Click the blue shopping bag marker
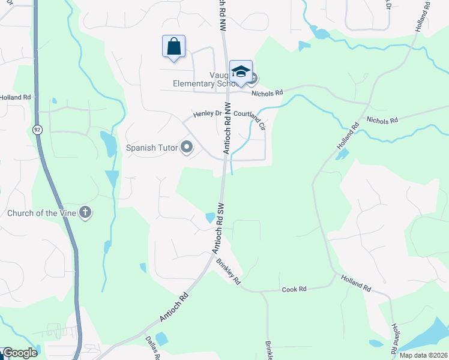pyautogui.click(x=173, y=46)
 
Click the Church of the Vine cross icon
pyautogui.click(x=86, y=212)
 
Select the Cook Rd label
pyautogui.click(x=294, y=289)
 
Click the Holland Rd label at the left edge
pyautogui.click(x=15, y=97)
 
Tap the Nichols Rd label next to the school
pyautogui.click(x=267, y=93)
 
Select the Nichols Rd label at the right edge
pyautogui.click(x=382, y=120)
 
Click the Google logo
pyautogui.click(x=20, y=353)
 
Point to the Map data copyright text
pyautogui.click(x=423, y=355)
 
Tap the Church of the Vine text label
pyautogui.click(x=41, y=213)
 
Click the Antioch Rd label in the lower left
pyautogui.click(x=175, y=307)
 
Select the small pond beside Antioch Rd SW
pyautogui.click(x=210, y=218)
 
